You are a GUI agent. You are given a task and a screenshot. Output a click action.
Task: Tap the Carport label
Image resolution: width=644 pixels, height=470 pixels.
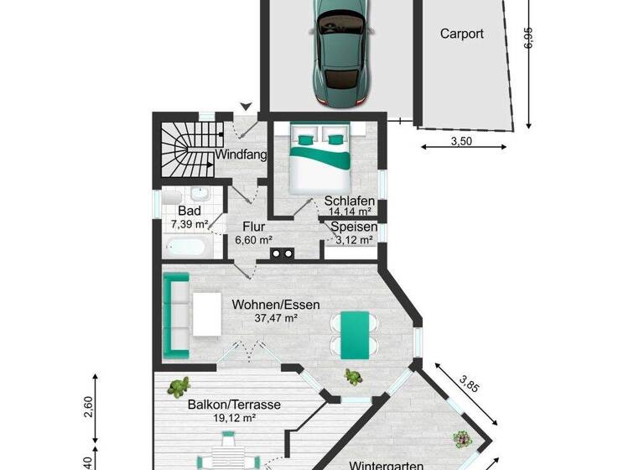[462, 34]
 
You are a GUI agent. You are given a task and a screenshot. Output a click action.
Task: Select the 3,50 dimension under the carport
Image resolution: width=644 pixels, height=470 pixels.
[461, 141]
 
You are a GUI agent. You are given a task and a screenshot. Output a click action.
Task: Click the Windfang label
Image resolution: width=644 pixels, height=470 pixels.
[241, 155]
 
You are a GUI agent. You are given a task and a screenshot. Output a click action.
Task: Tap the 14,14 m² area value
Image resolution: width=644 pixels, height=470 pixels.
[348, 211]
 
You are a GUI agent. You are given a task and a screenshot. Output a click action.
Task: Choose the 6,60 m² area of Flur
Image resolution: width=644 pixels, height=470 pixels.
[253, 239]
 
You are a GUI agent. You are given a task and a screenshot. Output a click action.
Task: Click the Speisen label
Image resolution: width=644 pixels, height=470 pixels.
[353, 227]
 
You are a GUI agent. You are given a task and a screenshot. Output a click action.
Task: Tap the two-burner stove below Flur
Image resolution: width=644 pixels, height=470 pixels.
[280, 251]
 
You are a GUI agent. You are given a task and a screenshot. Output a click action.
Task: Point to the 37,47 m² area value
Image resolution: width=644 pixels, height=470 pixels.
[276, 318]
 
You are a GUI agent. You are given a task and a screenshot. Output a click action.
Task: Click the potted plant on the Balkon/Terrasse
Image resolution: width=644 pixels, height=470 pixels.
[178, 387]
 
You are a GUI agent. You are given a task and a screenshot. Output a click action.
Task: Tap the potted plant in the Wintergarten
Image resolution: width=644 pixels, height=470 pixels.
[461, 438]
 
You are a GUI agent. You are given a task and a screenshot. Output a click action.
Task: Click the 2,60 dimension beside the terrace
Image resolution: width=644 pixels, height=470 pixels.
[88, 407]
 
